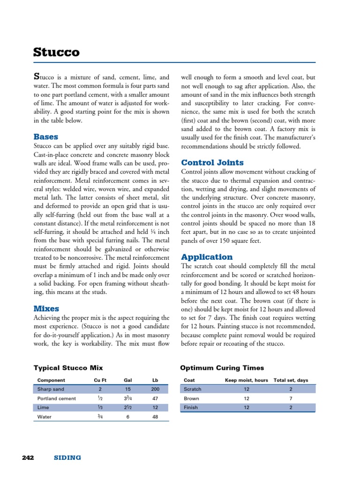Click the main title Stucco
point(56,52)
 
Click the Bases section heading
point(46,137)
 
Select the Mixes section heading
point(46,308)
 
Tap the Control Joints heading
point(212,163)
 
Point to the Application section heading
point(206,257)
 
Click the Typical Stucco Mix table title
point(68,368)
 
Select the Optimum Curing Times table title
point(222,368)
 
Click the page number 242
point(29,457)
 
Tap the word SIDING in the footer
point(67,457)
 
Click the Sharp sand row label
point(51,389)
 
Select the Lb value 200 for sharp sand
point(155,389)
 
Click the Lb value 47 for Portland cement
point(155,398)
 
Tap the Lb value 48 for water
point(155,416)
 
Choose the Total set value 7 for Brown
point(291,398)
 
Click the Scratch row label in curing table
point(192,389)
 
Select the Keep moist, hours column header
point(247,380)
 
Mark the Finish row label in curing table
point(191,407)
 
